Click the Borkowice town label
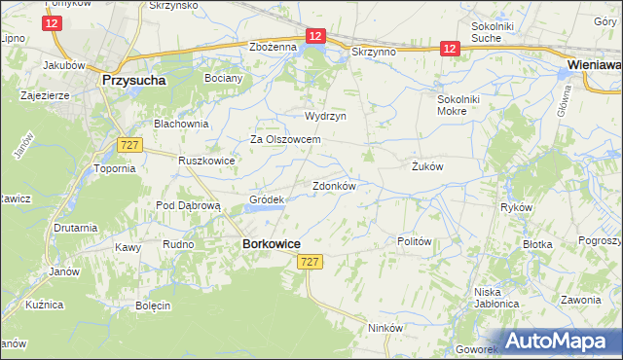pos(271,245)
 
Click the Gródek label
pos(266,199)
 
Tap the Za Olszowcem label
pos(285,139)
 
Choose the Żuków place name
pos(426,166)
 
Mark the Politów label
pos(415,241)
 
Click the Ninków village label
pos(385,328)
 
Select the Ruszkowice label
pos(206,161)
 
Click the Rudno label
pos(179,245)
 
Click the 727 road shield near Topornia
pos(128,144)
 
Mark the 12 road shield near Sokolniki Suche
pos(449,47)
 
